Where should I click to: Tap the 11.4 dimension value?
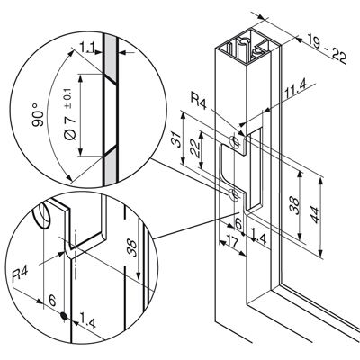coord(295,92)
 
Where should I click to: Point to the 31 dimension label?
coord(178,139)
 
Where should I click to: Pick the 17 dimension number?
coord(230,242)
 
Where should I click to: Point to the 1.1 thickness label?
coord(87,47)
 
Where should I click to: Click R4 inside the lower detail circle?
coord(20,274)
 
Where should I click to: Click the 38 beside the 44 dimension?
coord(295,205)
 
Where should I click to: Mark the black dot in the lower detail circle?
coord(64,316)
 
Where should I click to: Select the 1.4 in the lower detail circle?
coord(87,323)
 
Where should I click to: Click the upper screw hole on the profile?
coord(235,141)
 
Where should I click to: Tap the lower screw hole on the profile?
coord(233,194)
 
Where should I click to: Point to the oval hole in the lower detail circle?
coord(42,215)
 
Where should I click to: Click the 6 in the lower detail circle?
coord(52,301)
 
